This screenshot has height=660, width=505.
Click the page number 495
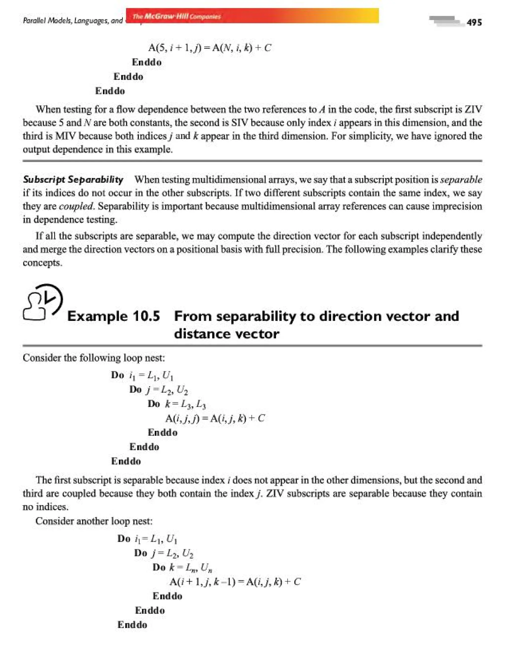[474, 22]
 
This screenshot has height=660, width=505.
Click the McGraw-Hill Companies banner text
[177, 16]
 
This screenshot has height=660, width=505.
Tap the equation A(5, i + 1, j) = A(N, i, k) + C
[210, 48]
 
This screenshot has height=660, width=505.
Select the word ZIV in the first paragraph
[473, 110]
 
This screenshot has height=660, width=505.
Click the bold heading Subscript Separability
[73, 180]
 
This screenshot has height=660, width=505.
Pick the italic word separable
[461, 180]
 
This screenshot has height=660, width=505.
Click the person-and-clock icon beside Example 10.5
[43, 302]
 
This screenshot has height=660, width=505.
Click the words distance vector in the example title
[226, 334]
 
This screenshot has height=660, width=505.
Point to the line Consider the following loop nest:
[94, 358]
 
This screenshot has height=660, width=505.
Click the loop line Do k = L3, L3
[177, 404]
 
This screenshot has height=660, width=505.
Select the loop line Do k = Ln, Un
[182, 568]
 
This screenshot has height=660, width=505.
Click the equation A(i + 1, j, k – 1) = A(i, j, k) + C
[235, 582]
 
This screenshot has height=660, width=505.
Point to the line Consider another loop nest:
[94, 521]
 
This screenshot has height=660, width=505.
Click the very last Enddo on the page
[132, 625]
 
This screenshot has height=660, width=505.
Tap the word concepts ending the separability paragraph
[42, 263]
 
